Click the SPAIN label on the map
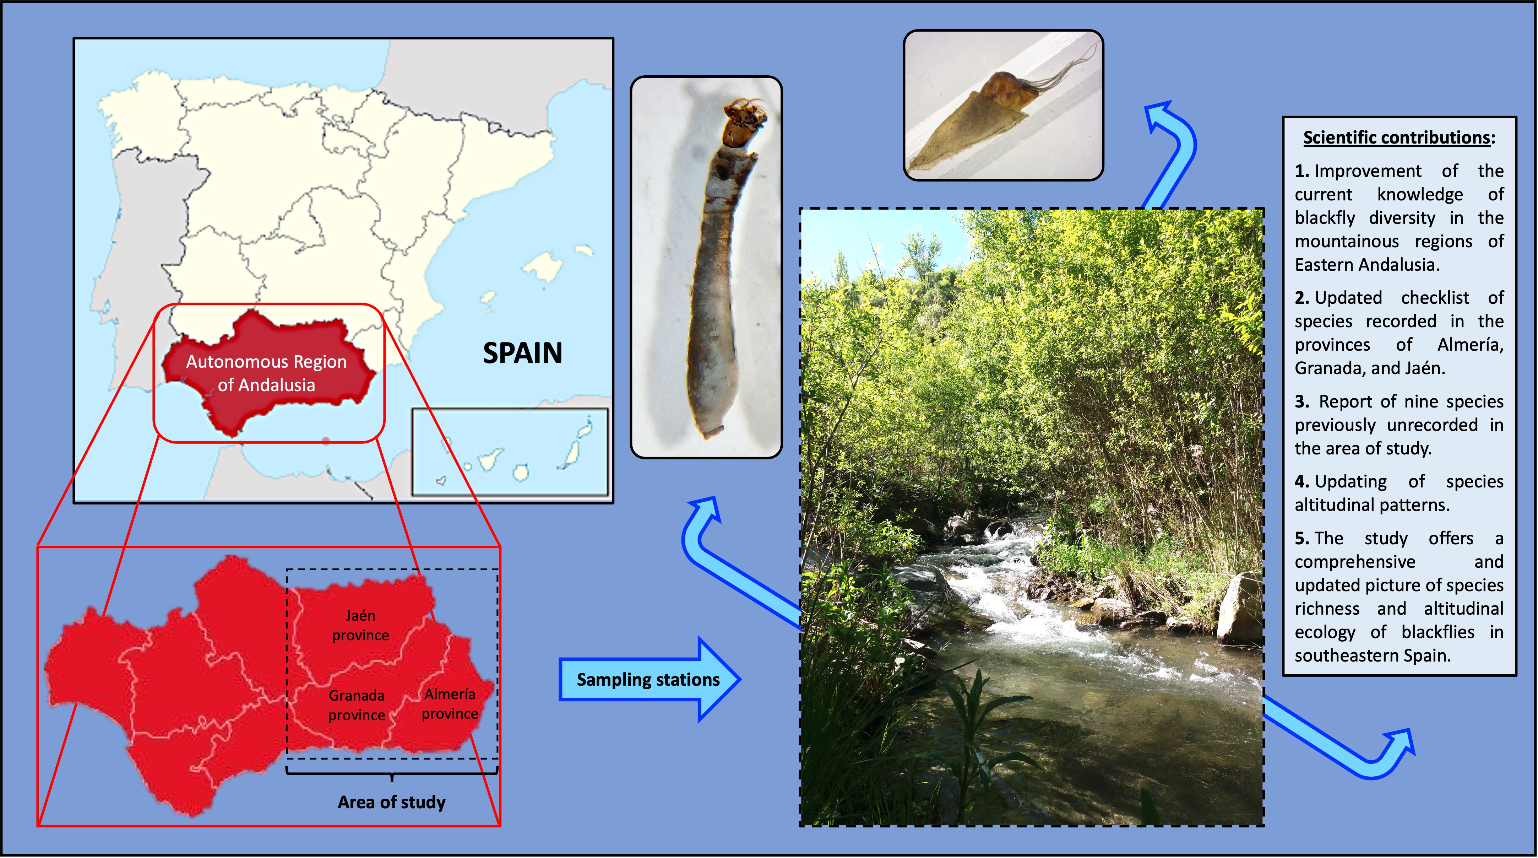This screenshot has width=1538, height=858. pos(522,353)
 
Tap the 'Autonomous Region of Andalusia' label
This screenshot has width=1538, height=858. pos(266,373)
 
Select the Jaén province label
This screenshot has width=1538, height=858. pos(360,625)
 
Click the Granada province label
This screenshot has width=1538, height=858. pos(357,705)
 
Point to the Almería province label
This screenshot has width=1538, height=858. pos(450,704)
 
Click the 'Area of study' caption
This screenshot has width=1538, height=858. pos(392,802)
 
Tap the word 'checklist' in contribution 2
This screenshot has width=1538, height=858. pos(1435,298)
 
